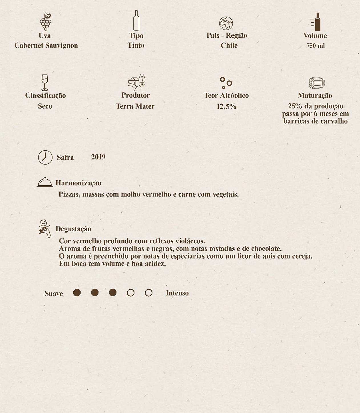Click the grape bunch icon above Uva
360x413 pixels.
tap(46, 22)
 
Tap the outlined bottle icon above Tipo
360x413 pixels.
tap(136, 21)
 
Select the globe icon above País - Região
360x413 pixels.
tap(226, 23)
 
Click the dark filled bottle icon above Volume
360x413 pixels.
tap(317, 22)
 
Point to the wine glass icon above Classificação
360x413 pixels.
tap(45, 82)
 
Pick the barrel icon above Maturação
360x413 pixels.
tap(317, 83)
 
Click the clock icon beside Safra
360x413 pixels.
tap(45, 157)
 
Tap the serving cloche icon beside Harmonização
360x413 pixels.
tap(45, 182)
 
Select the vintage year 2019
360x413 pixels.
tap(98, 157)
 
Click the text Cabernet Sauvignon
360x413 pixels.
tap(46, 45)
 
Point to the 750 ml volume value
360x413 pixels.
tap(315, 46)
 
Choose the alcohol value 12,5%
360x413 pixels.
tap(226, 106)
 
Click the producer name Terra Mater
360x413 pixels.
tap(135, 106)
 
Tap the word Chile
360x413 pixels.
tap(229, 45)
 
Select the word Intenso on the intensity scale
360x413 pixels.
tap(177, 293)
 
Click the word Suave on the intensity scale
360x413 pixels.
tap(54, 293)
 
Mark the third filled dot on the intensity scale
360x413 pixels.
tap(113, 293)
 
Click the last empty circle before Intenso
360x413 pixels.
tap(148, 293)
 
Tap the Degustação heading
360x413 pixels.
tap(73, 229)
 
